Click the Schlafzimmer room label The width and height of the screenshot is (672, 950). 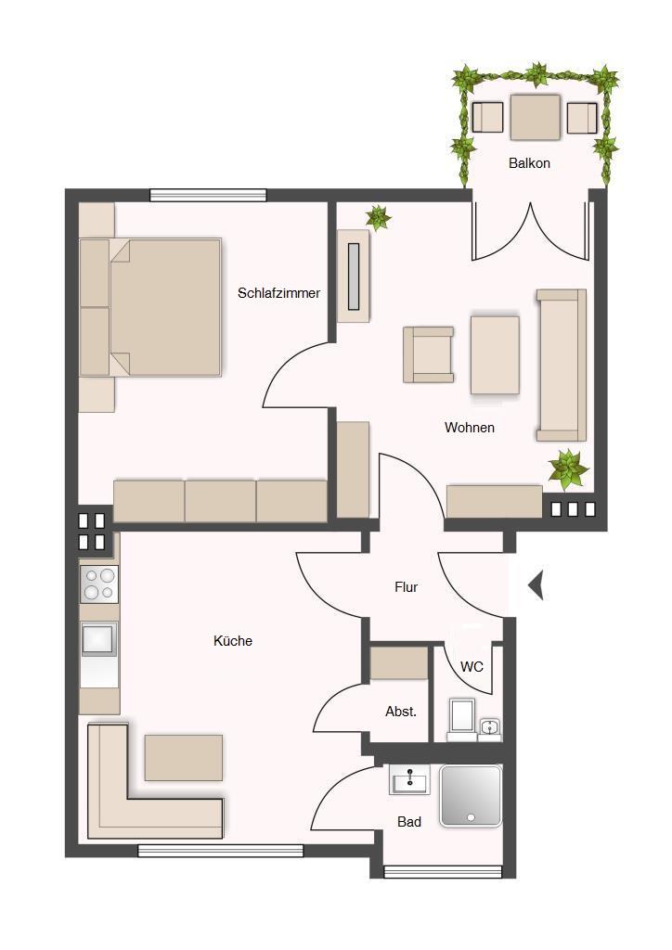pos(278,293)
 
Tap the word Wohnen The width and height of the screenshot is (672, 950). pos(470,428)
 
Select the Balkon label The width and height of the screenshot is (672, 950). pos(530,163)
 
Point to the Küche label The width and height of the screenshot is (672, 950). pos(233,641)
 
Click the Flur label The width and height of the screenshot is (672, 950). pos(406,587)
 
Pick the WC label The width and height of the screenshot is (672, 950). pos(472,667)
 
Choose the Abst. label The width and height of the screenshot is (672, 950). pos(401,712)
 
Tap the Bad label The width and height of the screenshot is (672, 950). pos(409,822)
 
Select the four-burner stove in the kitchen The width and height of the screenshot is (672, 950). pos(99,584)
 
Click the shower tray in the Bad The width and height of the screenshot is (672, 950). pos(471,795)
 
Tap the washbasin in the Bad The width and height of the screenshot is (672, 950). pos(409,779)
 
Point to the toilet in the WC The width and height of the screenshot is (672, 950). pos(461,720)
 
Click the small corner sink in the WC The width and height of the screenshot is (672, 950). pos(489,729)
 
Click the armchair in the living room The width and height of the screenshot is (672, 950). pos(429,354)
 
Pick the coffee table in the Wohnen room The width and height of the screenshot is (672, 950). pos(495,355)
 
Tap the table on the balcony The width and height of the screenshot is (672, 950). pos(535,117)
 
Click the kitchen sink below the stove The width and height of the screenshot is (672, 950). pos(98,638)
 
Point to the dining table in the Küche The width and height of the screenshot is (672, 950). pos(184,757)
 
